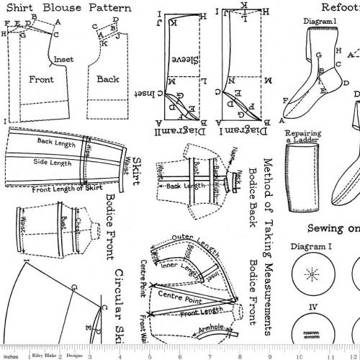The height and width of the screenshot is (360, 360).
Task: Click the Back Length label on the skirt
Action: pyautogui.click(x=56, y=143)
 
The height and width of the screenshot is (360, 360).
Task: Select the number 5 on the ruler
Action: pyautogui.click(x=149, y=354)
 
